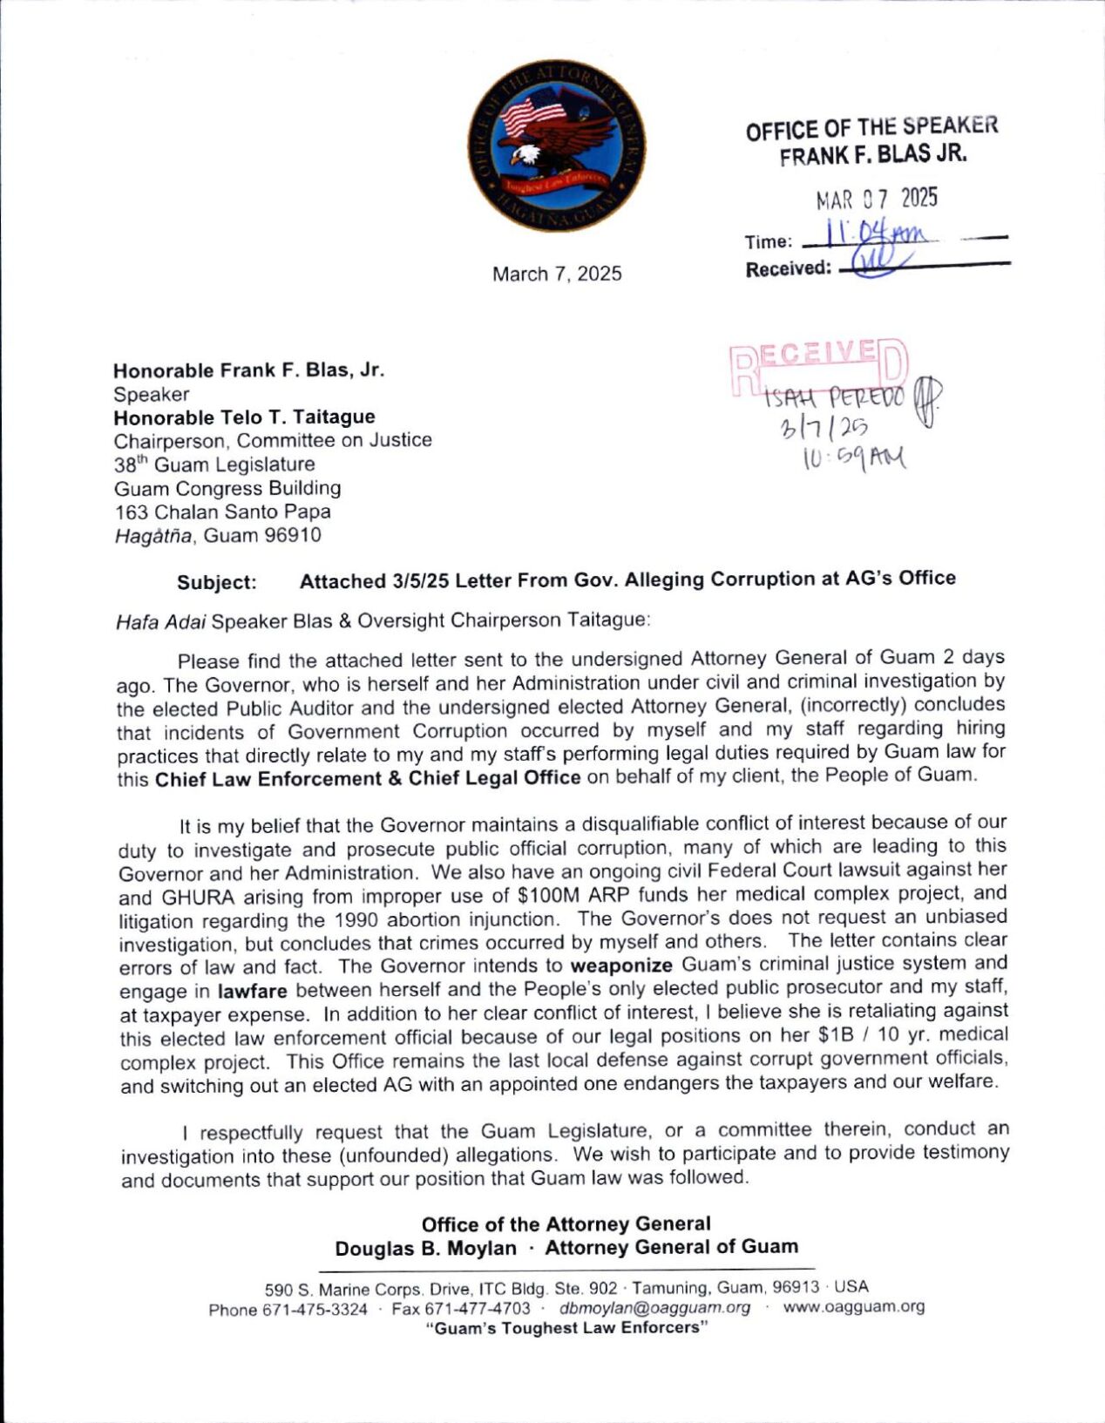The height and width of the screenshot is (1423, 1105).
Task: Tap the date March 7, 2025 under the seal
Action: tap(557, 274)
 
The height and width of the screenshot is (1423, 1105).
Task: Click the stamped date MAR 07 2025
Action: tap(876, 199)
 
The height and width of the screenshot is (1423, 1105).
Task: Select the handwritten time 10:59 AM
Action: tap(854, 457)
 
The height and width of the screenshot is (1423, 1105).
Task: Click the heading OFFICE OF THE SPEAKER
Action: tap(871, 128)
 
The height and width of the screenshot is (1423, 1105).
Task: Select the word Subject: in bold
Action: tap(217, 582)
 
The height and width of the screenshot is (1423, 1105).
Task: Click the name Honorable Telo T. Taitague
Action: tap(244, 417)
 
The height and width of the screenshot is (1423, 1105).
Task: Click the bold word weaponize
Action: tap(621, 966)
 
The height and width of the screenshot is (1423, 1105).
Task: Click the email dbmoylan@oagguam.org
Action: tap(654, 1307)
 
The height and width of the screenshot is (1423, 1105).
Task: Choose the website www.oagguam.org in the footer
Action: tap(853, 1306)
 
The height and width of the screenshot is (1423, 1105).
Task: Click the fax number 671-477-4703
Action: tap(477, 1308)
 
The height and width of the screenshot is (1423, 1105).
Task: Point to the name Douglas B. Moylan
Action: tap(425, 1248)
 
